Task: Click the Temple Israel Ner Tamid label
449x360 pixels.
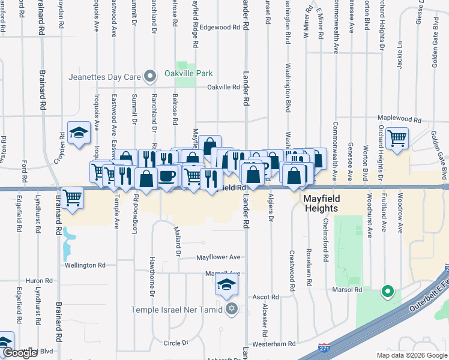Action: click(177, 310)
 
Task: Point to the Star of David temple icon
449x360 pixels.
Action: click(232, 310)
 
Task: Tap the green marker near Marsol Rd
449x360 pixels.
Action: click(388, 293)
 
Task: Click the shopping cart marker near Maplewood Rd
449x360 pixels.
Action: click(397, 139)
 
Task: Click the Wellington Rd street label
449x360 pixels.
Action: click(85, 265)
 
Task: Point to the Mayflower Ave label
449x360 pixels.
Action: click(219, 257)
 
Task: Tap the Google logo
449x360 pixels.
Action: click(20, 353)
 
